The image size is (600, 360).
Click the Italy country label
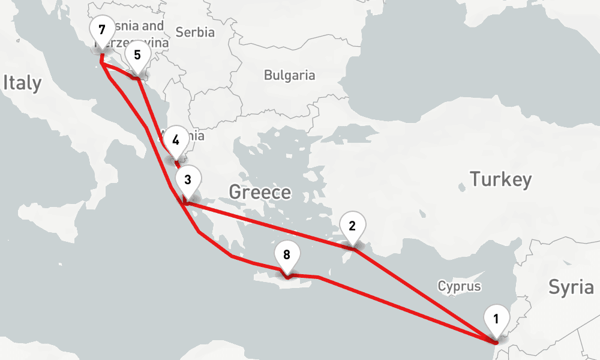tap(22, 83)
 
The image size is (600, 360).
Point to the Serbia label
tap(195, 32)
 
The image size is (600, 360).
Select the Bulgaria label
tap(289, 76)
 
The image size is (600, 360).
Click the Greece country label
tap(260, 193)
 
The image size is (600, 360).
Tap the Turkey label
tap(500, 179)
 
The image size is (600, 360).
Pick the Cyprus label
tap(459, 286)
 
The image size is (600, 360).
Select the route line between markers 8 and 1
tap(408, 310)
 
